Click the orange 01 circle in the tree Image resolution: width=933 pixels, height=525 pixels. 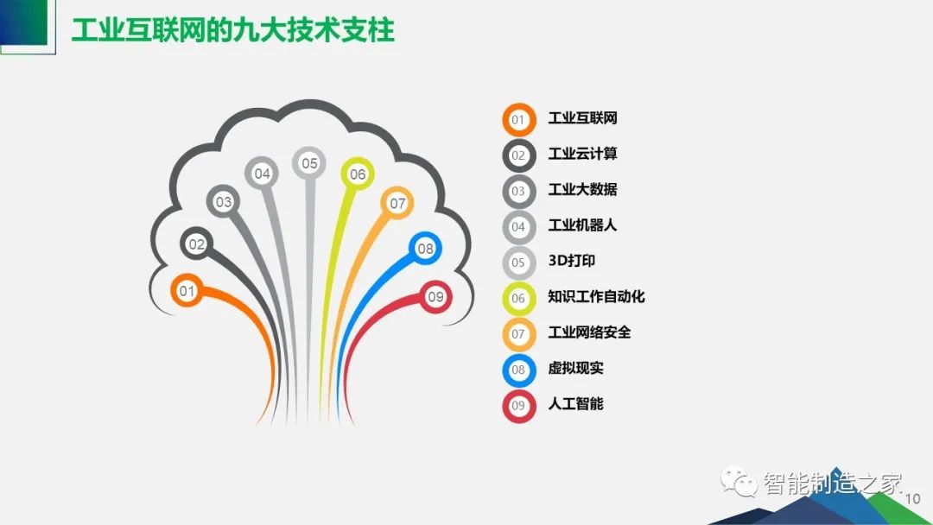click(187, 291)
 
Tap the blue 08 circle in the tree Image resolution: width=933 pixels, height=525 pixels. click(425, 249)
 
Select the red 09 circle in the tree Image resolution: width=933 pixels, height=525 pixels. click(435, 297)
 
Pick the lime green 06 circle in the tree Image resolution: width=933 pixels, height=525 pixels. click(358, 174)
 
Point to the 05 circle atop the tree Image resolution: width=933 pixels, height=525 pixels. click(309, 163)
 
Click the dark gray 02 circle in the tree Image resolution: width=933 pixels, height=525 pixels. click(196, 244)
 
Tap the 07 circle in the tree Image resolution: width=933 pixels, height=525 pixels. click(397, 203)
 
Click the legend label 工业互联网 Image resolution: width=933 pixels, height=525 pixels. click(582, 117)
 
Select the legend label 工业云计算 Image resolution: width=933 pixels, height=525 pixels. click(582, 154)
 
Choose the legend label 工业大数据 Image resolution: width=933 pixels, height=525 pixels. click(582, 189)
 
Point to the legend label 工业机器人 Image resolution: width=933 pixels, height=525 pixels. click(582, 225)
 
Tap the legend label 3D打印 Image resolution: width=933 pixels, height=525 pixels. click(572, 261)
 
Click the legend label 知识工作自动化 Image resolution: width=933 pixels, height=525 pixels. click(596, 296)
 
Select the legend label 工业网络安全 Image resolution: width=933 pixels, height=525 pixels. click(589, 332)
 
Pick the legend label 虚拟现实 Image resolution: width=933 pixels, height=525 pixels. click(575, 368)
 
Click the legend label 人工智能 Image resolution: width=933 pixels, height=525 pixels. click(575, 404)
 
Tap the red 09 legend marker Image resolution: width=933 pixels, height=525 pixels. click(519, 406)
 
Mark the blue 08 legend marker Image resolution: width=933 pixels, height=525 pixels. click(519, 370)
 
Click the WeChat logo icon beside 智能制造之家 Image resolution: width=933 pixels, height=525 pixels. click(738, 480)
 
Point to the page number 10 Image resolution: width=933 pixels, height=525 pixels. click(912, 499)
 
